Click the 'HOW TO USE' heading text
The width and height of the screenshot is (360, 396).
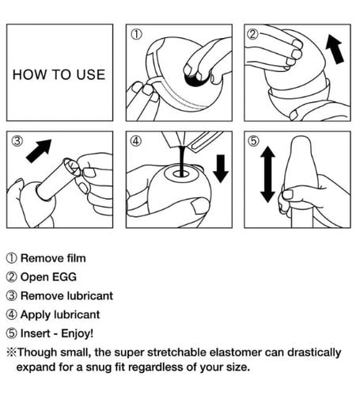[x=59, y=74]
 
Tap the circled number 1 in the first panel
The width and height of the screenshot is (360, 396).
[x=137, y=34]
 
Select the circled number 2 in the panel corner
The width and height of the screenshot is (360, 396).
[x=252, y=34]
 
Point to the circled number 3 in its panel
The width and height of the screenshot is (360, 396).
[x=17, y=141]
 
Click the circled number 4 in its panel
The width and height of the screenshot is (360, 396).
[x=135, y=141]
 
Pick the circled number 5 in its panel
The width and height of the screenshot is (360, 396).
[x=253, y=141]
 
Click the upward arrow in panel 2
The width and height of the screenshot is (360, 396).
[x=335, y=49]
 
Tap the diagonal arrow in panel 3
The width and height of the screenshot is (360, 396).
[x=39, y=150]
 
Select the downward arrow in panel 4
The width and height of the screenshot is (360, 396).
[x=221, y=169]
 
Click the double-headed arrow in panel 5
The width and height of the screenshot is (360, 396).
[x=267, y=174]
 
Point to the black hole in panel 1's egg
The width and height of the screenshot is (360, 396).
[x=196, y=78]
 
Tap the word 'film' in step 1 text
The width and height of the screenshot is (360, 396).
[x=76, y=258]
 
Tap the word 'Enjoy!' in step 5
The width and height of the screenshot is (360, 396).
[x=77, y=334]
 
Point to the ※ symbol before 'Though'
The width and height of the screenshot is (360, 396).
[x=11, y=352]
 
